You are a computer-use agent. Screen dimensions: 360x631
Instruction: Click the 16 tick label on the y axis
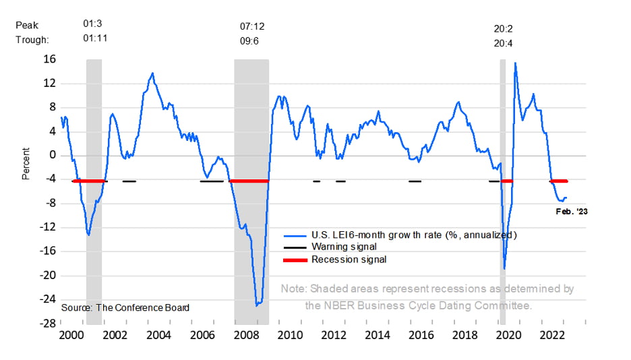coord(50,59)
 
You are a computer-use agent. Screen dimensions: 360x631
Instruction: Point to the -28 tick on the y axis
coord(49,323)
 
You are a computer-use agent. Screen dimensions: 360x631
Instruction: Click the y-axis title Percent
coord(26,164)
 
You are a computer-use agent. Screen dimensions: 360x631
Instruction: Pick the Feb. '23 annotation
coord(571,211)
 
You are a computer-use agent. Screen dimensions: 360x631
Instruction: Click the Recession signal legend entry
coord(349,260)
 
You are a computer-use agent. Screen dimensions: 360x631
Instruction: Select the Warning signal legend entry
coord(344,247)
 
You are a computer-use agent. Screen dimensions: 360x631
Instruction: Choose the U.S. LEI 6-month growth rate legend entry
coord(413,235)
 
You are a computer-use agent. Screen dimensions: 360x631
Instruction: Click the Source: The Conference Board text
coord(125,307)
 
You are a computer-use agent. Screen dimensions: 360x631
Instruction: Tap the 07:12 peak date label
coord(252,26)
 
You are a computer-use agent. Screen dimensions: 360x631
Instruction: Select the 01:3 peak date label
coord(92,24)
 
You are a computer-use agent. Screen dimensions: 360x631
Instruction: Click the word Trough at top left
coord(32,40)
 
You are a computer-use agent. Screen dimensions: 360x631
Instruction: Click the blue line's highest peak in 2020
coord(515,63)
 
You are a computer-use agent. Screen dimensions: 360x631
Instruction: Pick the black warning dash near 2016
coord(415,181)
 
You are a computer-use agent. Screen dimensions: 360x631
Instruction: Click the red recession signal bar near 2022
coord(559,181)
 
